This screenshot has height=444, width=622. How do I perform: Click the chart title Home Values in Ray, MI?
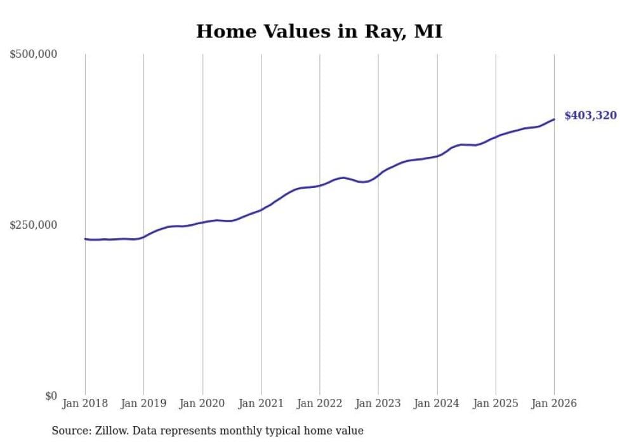(319, 31)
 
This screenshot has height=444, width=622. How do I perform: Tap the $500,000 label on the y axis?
(33, 55)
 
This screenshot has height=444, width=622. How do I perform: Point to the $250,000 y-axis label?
(33, 225)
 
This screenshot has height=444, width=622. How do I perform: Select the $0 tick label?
(51, 396)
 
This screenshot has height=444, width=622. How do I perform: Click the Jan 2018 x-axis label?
(85, 403)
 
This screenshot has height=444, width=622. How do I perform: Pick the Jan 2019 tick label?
(143, 403)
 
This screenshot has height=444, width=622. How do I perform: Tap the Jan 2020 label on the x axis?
(202, 403)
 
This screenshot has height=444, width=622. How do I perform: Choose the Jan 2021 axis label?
(261, 403)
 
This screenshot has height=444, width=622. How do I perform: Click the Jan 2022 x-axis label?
(320, 403)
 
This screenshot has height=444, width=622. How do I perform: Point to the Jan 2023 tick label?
(378, 403)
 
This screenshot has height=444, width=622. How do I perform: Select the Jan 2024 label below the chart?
(437, 403)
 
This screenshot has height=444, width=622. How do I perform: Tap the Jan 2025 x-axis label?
(496, 403)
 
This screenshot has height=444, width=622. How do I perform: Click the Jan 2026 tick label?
(554, 403)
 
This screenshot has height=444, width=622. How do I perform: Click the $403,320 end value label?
(590, 116)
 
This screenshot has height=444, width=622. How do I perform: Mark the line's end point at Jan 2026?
(554, 119)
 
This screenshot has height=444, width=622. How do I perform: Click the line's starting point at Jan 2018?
(85, 239)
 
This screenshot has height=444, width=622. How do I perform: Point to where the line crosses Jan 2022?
(320, 185)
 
